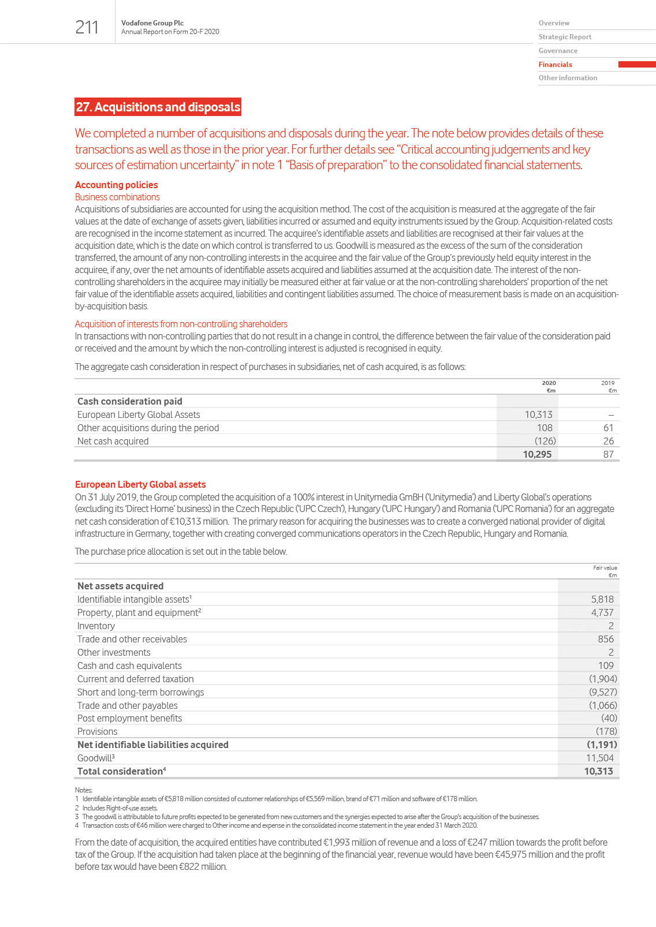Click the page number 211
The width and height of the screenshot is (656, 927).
[87, 27]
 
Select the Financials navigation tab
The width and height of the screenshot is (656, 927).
[555, 65]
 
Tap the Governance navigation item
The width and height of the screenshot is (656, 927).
[558, 51]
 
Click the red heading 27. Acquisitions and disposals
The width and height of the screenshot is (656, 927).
[158, 107]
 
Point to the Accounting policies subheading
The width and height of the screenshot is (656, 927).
[116, 185]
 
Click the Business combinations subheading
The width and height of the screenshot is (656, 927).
[117, 197]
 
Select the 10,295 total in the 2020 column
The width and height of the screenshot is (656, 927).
[537, 454]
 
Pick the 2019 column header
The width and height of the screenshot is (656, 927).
[607, 383]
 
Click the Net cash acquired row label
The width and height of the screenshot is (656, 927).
[113, 441]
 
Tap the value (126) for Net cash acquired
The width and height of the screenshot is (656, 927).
[545, 441]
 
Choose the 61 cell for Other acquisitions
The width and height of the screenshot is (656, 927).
[608, 428]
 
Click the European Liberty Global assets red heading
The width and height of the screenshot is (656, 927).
[140, 484]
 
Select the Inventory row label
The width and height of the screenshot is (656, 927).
[96, 626]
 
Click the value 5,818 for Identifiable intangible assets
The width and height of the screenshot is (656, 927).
[602, 599]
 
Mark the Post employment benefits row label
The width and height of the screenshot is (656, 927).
[129, 718]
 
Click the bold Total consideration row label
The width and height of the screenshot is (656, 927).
[121, 771]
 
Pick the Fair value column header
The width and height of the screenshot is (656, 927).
[605, 568]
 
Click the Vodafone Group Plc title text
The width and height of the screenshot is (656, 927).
[152, 23]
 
